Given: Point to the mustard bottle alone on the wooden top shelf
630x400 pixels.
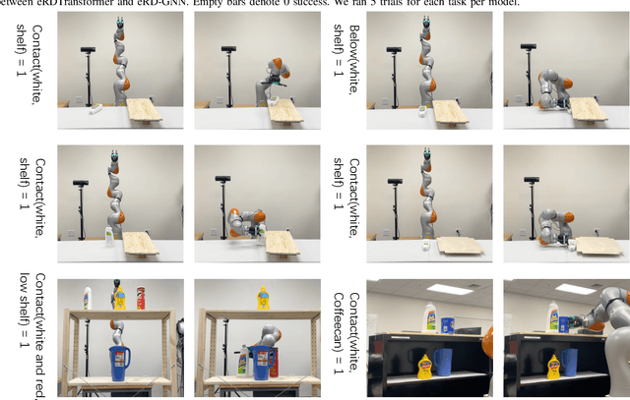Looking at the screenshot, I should coord(262,297).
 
